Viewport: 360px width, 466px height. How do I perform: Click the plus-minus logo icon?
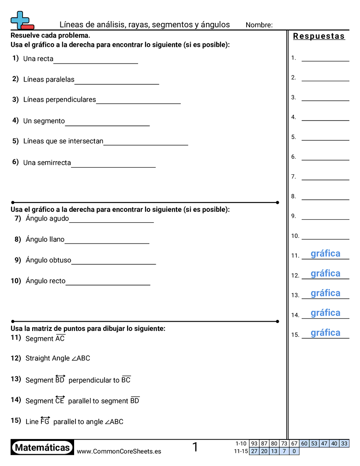(21, 21)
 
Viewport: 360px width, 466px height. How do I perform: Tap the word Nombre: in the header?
(259, 25)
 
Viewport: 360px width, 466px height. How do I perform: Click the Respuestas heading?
(319, 36)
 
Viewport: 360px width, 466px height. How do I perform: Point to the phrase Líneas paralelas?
(49, 80)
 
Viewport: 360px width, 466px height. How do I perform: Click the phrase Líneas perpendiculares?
(60, 100)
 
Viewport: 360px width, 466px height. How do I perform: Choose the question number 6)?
(15, 162)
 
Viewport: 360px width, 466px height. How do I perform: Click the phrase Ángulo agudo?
(47, 218)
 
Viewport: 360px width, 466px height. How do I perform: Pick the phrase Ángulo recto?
(45, 281)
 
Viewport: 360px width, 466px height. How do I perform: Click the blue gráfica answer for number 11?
(326, 254)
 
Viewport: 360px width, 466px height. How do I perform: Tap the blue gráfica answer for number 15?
(326, 333)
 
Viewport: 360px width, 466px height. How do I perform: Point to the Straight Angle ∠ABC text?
(58, 358)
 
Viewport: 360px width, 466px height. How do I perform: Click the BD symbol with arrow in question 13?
(60, 379)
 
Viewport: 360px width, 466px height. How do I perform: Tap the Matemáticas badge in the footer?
(42, 448)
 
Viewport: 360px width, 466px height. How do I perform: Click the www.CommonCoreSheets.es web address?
(119, 451)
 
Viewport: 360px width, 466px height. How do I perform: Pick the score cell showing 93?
(254, 443)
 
